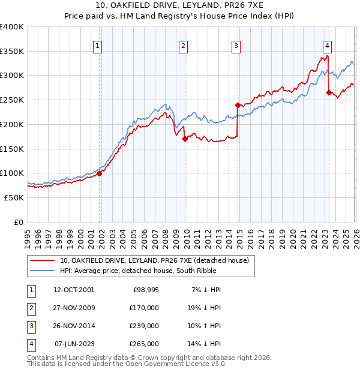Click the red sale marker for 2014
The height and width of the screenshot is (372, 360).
click(238, 105)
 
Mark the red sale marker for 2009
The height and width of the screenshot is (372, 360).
click(185, 139)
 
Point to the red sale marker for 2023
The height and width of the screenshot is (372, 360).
click(328, 92)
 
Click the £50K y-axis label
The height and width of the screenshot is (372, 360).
click(14, 197)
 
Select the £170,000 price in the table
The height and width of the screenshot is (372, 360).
click(144, 308)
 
